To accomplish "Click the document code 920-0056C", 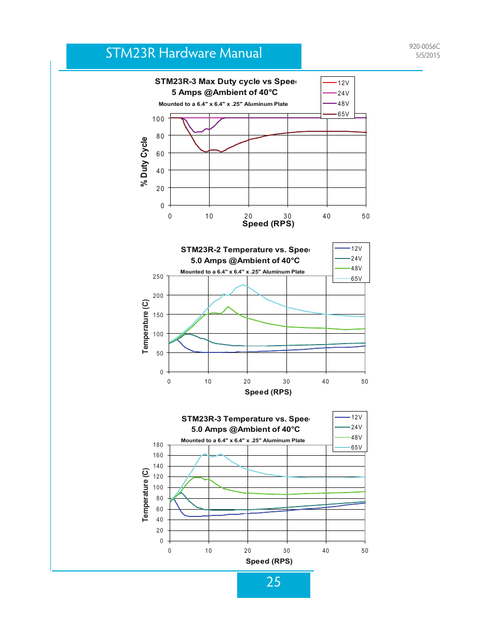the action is click(x=424, y=46).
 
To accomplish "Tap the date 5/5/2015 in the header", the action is click(x=428, y=55).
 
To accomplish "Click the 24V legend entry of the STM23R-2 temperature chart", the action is click(x=348, y=258).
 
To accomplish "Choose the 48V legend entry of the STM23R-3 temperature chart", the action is click(x=348, y=437).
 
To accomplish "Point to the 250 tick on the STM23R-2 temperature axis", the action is click(x=158, y=277).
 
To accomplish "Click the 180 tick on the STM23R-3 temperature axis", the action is click(x=158, y=444).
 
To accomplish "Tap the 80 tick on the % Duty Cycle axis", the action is click(x=160, y=136).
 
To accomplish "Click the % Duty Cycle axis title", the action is click(x=144, y=161).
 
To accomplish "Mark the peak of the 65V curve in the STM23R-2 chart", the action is click(x=243, y=284).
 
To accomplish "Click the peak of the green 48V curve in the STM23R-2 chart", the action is click(x=228, y=307).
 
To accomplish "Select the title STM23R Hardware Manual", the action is click(x=184, y=53).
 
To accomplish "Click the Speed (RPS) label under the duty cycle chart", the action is click(x=268, y=224).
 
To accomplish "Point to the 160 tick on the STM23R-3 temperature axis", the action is click(x=158, y=455).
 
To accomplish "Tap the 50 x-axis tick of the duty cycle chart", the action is click(x=366, y=216).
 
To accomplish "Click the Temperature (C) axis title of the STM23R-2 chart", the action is click(x=145, y=326).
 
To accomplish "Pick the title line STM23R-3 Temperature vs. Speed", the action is click(x=245, y=418).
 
